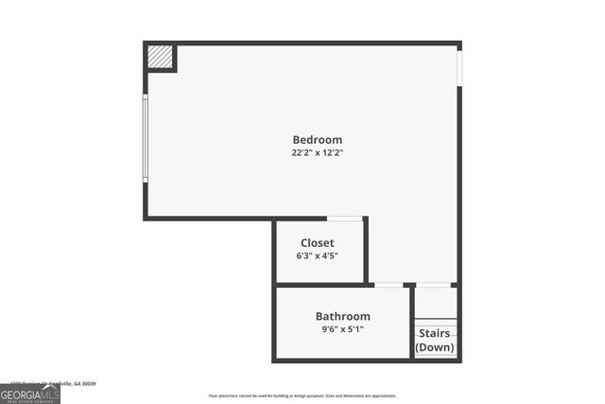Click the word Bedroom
point(317,140)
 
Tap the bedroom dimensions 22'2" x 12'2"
point(317,152)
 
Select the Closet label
point(317,243)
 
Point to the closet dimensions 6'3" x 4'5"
point(317,255)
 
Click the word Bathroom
point(342,316)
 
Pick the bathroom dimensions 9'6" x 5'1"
point(342,329)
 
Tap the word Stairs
point(435,333)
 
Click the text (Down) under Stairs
point(435,347)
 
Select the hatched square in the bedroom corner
point(160,58)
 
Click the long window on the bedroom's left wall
point(145,138)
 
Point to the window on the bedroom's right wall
point(459,67)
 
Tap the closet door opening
point(345,219)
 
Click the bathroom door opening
point(388,285)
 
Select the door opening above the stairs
point(433,285)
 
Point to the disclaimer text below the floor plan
point(302,395)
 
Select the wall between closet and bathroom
point(321,285)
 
